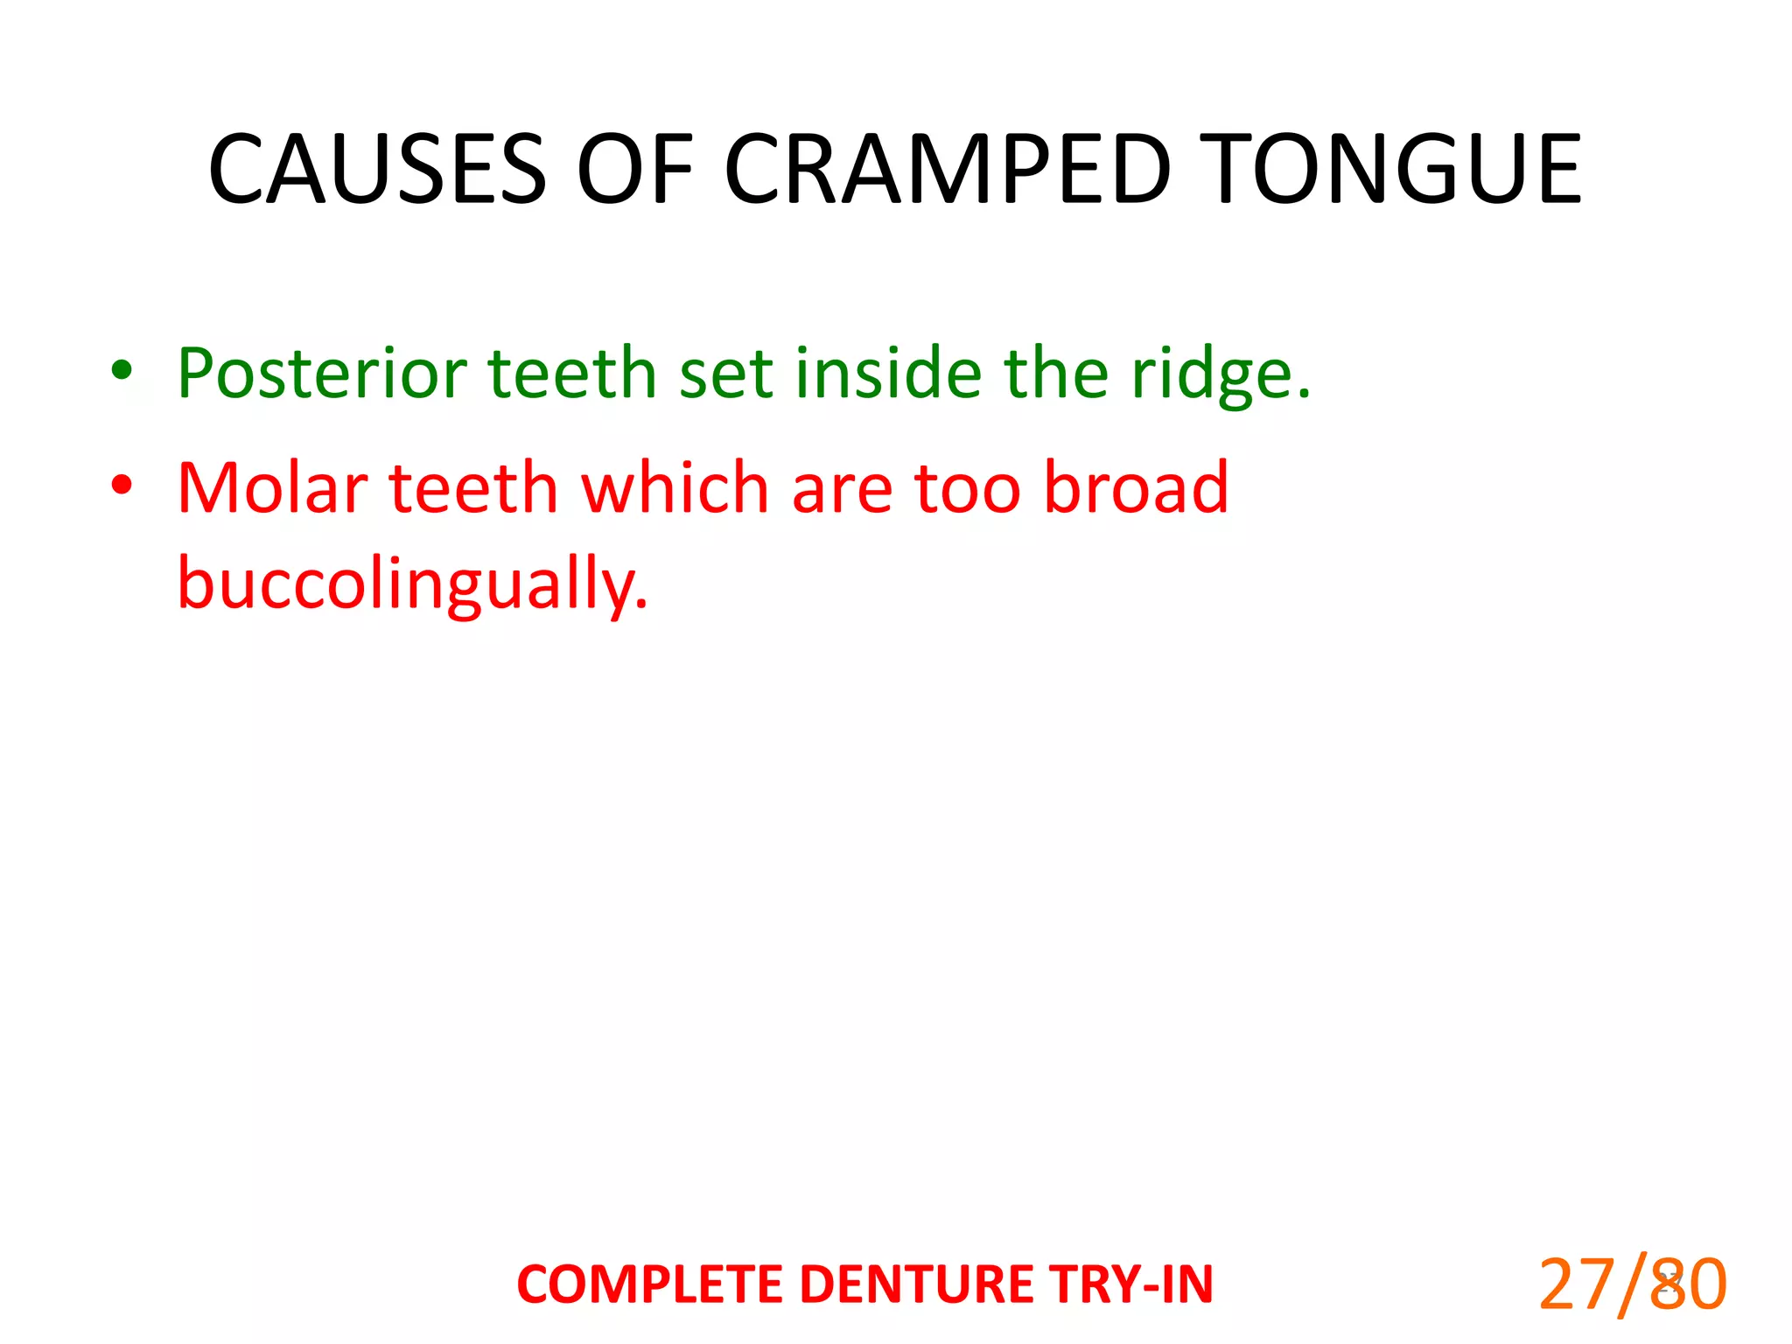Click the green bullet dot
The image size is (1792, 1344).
click(122, 370)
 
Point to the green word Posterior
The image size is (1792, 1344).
click(321, 374)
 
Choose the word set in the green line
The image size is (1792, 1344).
click(725, 374)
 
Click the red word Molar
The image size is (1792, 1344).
click(271, 487)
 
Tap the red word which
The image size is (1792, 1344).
click(675, 487)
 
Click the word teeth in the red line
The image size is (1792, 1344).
click(472, 487)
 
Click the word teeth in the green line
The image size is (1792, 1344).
click(571, 374)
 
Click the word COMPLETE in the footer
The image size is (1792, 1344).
click(653, 1284)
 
